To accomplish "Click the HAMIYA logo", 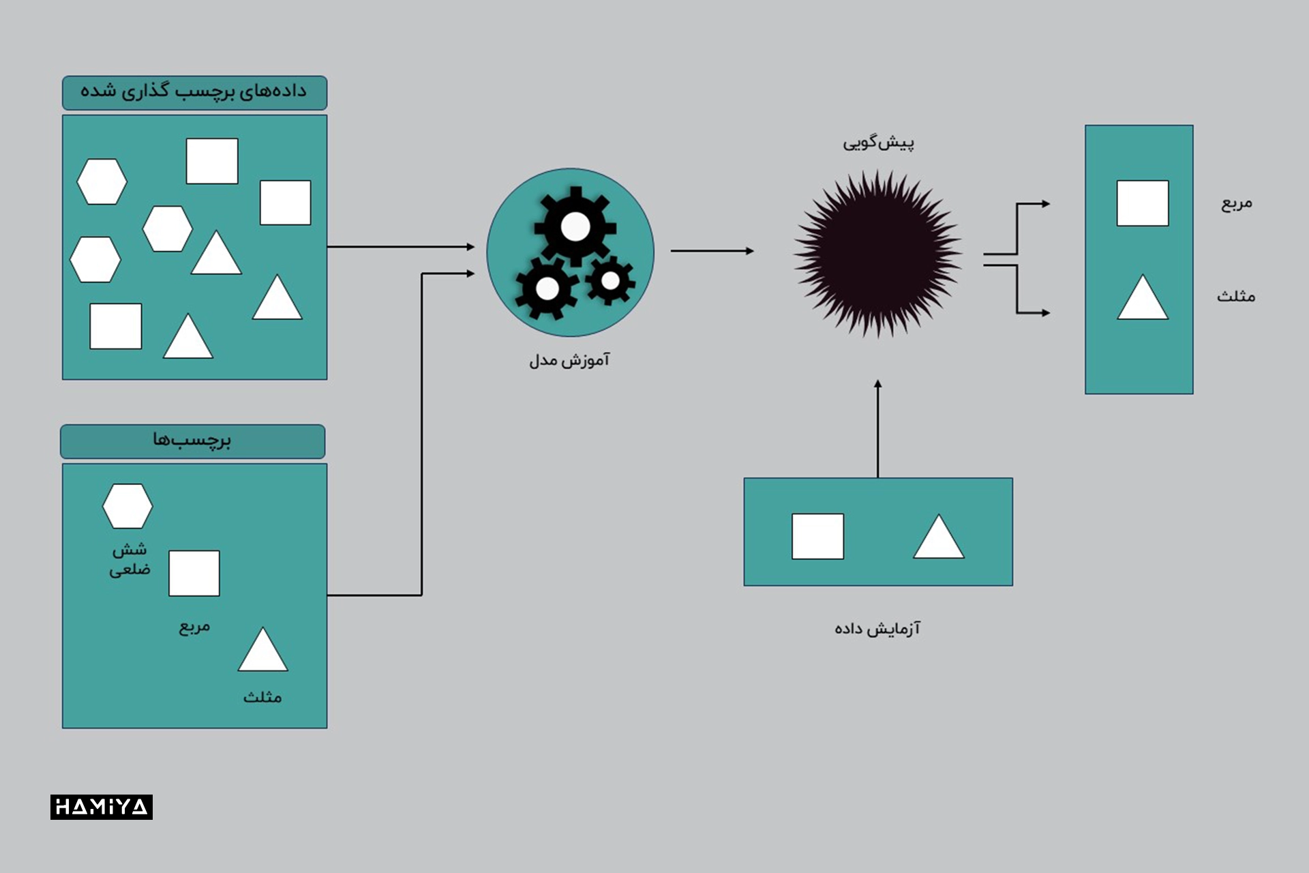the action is pos(102,807).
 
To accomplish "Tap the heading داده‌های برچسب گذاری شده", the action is pos(194,91).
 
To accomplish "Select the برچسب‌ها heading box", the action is pos(193,441).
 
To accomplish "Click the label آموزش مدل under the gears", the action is pos(569,359).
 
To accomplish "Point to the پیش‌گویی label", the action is pos(878,143).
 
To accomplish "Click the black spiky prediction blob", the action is pos(878,253).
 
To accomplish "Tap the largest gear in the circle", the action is pos(575,226).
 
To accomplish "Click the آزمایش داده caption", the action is pos(877,627).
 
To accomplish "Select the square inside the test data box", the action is pos(817,536).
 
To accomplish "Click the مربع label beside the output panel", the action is pos(1236,203).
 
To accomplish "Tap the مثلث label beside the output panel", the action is pos(1236,295).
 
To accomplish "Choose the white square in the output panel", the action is pos(1143,203).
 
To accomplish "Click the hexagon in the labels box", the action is pos(127,506).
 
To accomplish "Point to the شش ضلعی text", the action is pos(130,559).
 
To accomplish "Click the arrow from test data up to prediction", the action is pos(877,429).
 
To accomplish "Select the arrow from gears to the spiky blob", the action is pos(712,251).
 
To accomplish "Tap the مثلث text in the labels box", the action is pos(262,696).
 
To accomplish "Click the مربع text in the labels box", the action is pos(194,627).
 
